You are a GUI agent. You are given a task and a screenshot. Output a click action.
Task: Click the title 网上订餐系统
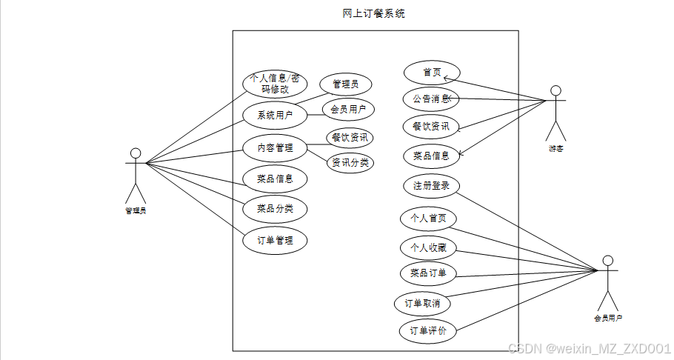coord(374,13)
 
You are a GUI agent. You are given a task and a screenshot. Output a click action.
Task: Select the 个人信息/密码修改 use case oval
coord(275,83)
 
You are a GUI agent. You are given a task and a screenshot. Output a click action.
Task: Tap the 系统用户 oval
coord(275,115)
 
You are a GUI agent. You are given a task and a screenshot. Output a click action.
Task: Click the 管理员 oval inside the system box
coord(346,84)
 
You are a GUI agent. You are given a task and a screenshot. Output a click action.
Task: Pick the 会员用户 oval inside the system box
coord(348,110)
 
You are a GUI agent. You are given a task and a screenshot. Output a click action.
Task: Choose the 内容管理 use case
coord(275,148)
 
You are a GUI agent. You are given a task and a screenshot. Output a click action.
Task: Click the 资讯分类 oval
coord(350,162)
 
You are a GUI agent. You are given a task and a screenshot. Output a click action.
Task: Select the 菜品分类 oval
coord(275,209)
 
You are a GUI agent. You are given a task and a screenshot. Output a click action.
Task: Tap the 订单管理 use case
coord(275,240)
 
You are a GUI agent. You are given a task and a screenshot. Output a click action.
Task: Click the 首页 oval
coord(432,73)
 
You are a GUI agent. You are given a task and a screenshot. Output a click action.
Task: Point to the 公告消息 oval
coord(431,99)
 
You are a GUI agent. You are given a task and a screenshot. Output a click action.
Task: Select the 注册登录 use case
coord(431,185)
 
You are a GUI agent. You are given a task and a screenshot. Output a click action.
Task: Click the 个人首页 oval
coord(428,219)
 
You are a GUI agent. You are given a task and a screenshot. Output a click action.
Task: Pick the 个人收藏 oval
coord(428,247)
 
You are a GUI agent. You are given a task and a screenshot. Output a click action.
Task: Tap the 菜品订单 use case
coord(428,274)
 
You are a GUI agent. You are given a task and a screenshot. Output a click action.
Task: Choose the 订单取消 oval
coord(423,303)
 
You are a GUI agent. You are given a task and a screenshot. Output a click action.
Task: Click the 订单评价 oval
coord(428,330)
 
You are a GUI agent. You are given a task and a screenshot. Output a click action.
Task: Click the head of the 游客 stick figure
coord(556,90)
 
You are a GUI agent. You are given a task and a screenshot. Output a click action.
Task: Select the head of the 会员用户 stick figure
coord(608,261)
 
